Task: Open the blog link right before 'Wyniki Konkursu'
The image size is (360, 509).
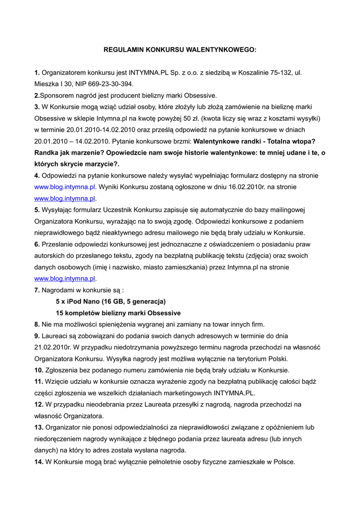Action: (65, 187)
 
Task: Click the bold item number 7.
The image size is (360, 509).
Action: (37, 290)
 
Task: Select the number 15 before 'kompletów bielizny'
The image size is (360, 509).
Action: (60, 313)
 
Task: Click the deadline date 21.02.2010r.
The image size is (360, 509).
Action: (54, 347)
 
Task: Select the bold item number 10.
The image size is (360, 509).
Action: (39, 370)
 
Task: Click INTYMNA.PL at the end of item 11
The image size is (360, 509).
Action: (233, 393)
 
